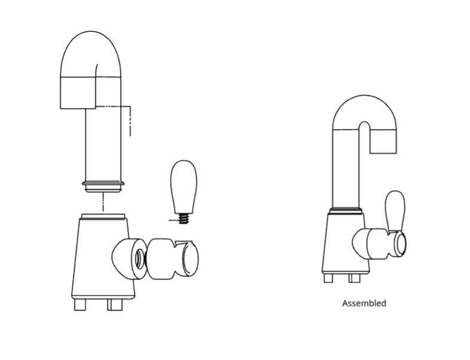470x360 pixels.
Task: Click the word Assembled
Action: tap(364, 303)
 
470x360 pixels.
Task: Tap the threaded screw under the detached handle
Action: tap(184, 219)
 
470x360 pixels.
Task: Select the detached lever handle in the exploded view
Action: tap(184, 187)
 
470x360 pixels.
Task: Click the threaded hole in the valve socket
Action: tap(139, 259)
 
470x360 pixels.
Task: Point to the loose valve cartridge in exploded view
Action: tap(172, 259)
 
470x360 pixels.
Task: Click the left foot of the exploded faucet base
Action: tap(80, 304)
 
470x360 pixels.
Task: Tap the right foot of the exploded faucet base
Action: tap(115, 304)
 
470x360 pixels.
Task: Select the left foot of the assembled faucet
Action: tap(328, 278)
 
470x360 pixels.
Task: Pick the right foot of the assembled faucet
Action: tap(354, 278)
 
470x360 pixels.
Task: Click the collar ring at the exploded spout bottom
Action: tap(103, 187)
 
